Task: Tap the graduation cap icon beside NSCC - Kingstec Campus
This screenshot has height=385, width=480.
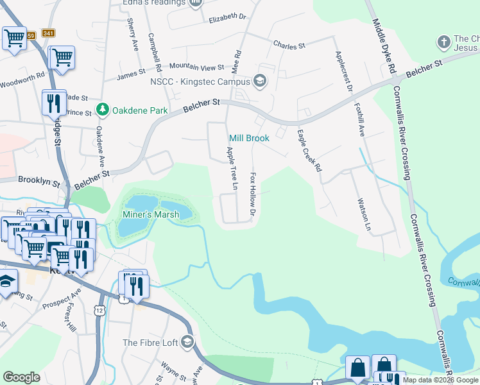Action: coord(259,81)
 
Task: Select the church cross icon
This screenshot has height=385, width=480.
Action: coord(442,43)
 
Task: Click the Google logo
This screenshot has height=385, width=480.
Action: coord(21,377)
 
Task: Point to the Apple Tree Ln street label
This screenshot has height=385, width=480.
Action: coord(232,169)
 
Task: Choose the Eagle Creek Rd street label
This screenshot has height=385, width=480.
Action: coord(309,151)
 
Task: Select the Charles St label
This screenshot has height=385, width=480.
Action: coord(289,46)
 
